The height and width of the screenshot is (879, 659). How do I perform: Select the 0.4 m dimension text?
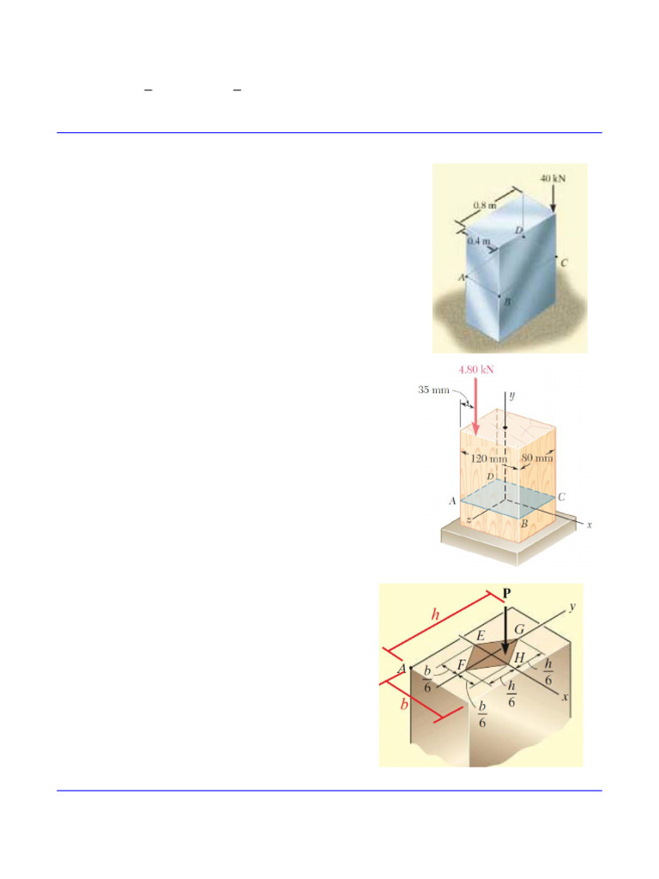tap(479, 242)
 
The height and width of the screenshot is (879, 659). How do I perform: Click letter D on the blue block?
tap(518, 230)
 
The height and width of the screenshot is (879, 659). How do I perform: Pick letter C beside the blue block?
tap(564, 264)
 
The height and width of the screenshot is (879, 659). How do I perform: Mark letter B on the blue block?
tap(507, 302)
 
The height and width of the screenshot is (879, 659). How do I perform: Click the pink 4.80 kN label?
tap(476, 370)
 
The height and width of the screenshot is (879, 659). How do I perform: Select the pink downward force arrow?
tap(475, 403)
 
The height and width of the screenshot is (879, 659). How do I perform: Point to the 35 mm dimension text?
tap(434, 390)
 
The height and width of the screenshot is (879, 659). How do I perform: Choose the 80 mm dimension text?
tap(538, 458)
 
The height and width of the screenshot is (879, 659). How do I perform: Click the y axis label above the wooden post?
tap(511, 396)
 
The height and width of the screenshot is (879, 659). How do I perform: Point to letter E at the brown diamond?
tap(481, 636)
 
